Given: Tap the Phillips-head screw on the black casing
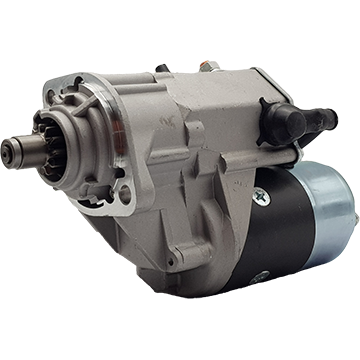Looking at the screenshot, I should click(x=262, y=197).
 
